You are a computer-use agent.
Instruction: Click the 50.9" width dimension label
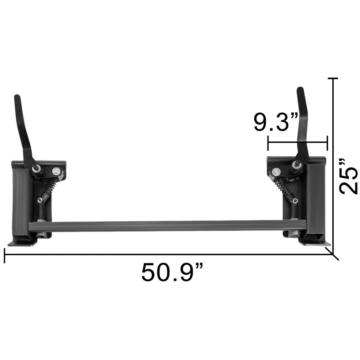coord(172,273)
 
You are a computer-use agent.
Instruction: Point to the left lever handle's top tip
coord(16,97)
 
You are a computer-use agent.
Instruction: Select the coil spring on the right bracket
coord(282,187)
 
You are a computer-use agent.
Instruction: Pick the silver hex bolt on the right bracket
coord(276,172)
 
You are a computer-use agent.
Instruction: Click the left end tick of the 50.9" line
coord(4,255)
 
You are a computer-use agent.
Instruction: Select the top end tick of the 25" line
coord(333,78)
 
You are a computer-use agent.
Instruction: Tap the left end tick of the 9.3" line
coord(268,143)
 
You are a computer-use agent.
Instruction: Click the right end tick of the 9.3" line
coord(327,143)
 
